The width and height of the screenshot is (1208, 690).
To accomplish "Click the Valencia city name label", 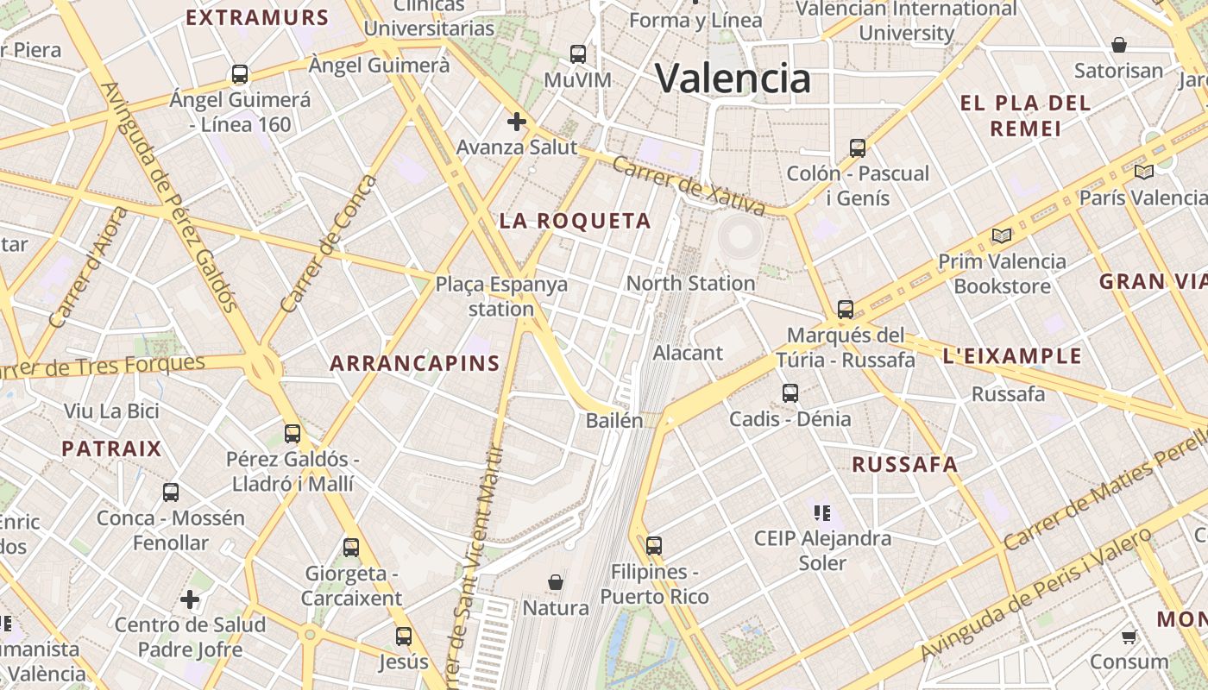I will point(733,78).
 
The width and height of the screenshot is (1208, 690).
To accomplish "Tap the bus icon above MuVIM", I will point(578,54).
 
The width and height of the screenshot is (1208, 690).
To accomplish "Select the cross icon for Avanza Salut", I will point(516,122).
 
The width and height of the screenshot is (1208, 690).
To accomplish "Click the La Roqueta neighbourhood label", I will point(575,221).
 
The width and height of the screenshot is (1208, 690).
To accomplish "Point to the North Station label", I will point(690,283).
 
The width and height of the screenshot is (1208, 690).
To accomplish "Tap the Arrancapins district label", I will point(415,363).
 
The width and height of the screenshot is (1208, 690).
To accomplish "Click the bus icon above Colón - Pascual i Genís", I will point(857,147).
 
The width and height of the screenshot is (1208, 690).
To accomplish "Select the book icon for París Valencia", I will point(1144,172).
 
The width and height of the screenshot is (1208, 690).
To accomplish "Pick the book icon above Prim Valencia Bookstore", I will point(1001,235).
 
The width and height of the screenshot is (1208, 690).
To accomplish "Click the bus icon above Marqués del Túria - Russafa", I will point(846,309).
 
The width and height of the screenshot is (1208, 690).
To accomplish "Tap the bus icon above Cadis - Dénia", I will point(790,393).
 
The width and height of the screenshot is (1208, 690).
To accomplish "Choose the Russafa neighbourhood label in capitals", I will point(904,465).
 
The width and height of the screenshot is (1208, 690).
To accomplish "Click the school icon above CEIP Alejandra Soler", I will point(821,513).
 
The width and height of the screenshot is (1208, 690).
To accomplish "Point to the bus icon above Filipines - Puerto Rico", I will point(654,545).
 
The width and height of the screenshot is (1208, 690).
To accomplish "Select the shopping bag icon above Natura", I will point(556,582).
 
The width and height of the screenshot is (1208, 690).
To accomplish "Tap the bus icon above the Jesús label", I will point(403,637).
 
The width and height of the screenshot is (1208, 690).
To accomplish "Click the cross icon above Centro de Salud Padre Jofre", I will point(190,599).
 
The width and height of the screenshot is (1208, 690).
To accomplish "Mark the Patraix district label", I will point(111,448).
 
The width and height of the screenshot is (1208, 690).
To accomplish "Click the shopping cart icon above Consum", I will point(1129,637).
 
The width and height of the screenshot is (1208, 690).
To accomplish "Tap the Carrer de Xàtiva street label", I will point(689,185).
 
